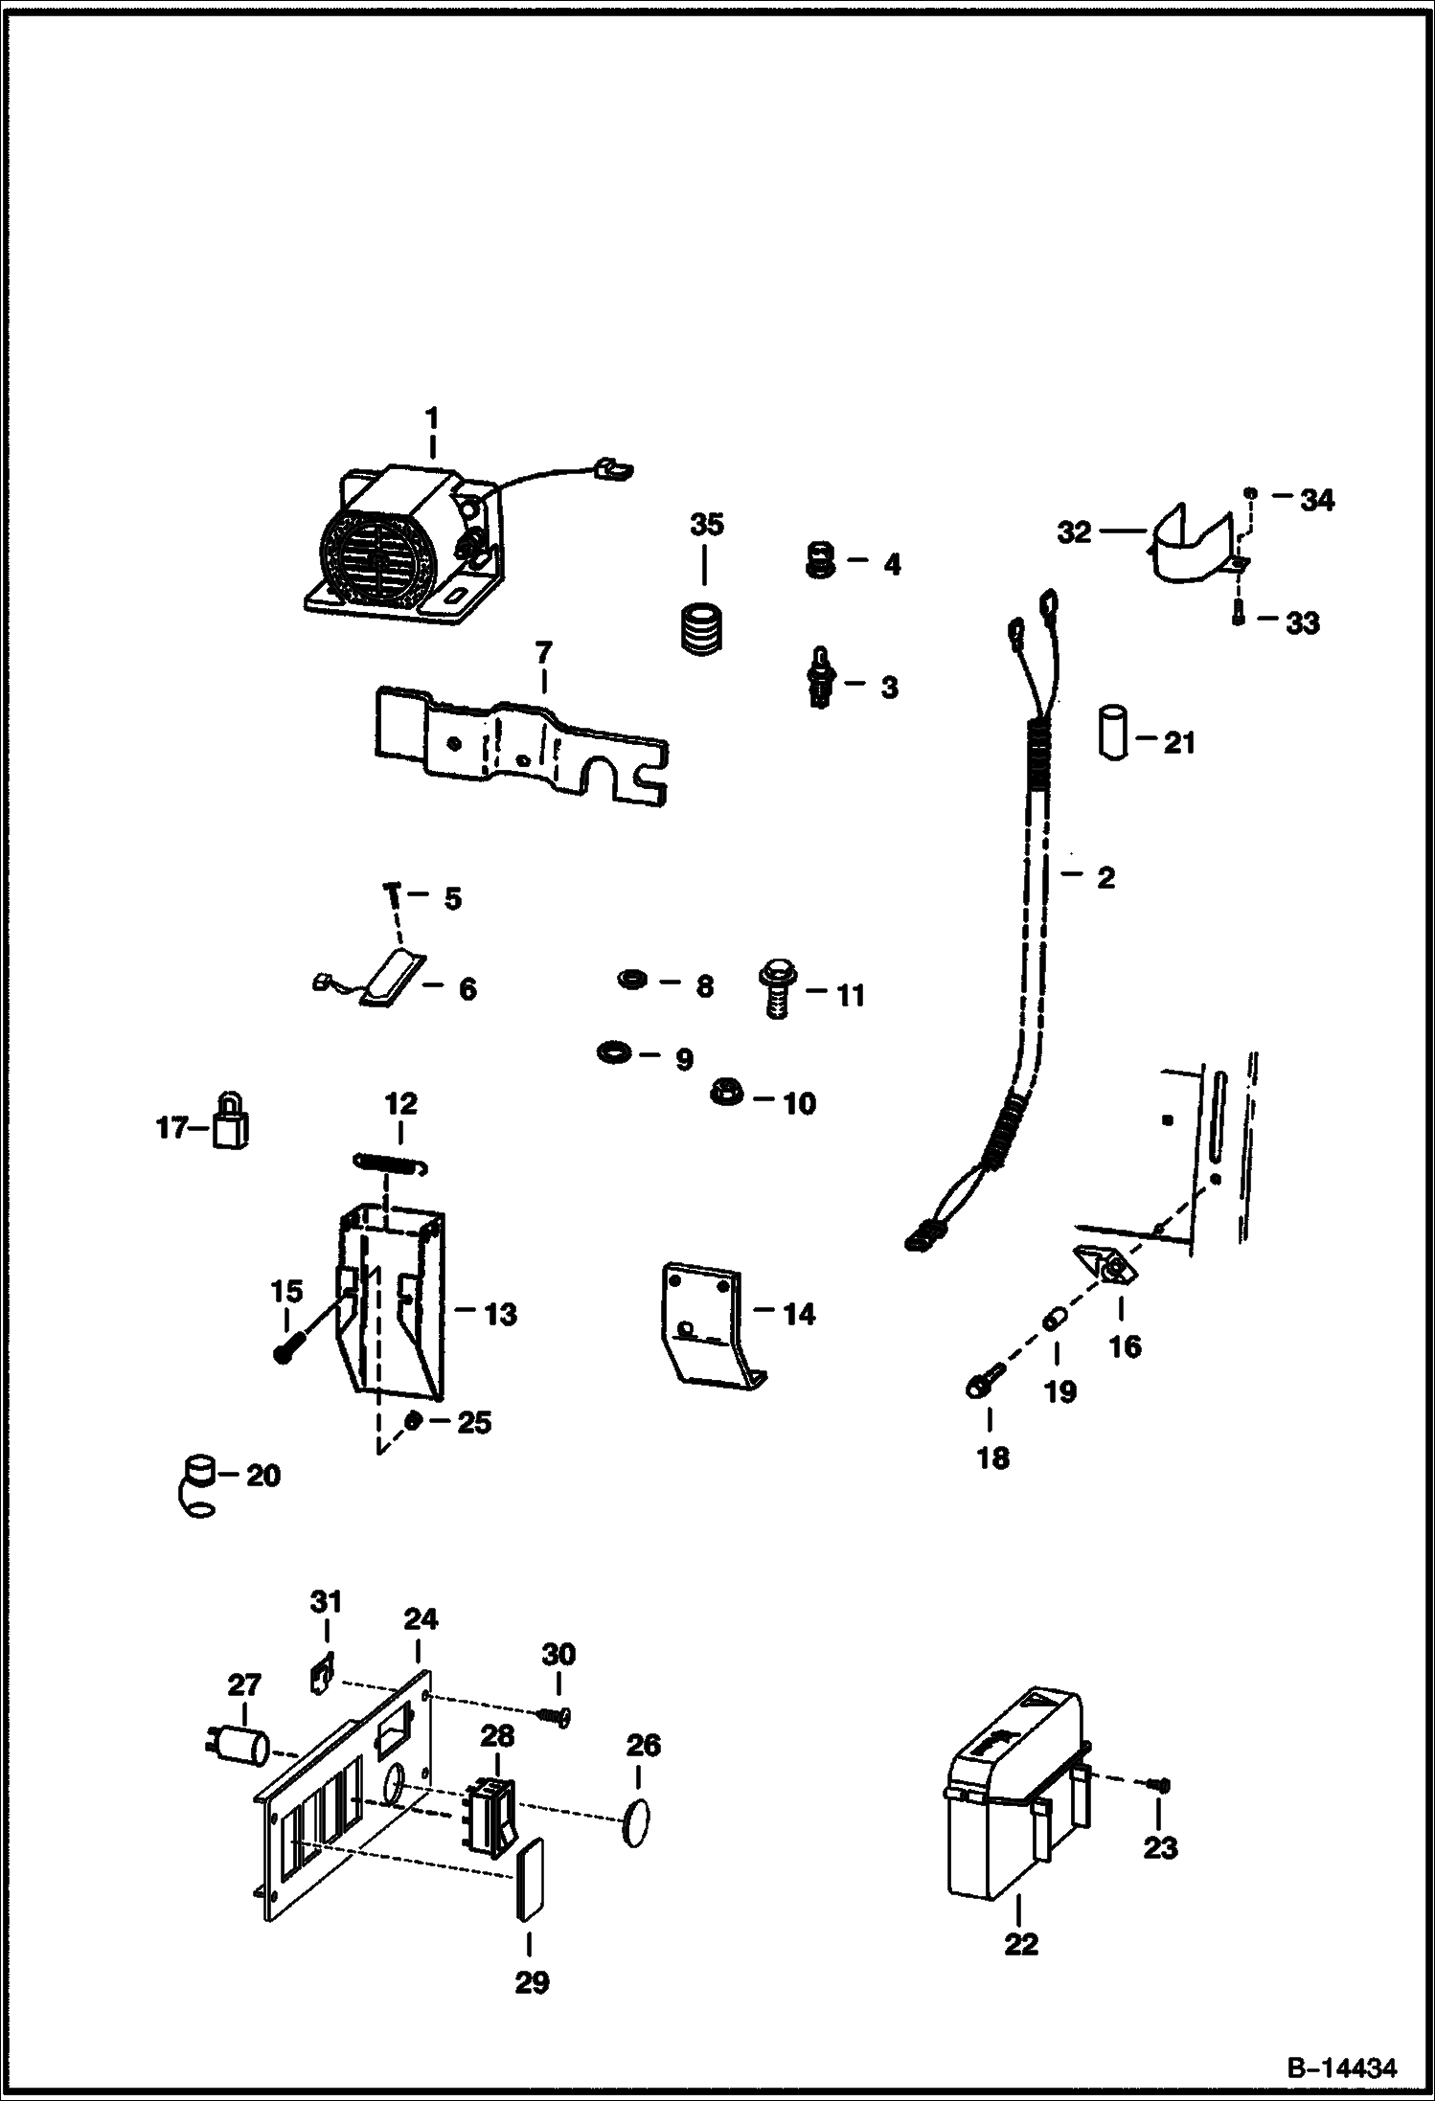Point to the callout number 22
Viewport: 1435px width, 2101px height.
pos(1021,1945)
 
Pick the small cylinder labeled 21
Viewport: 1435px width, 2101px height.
pos(1111,734)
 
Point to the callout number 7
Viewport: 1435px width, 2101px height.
pos(543,653)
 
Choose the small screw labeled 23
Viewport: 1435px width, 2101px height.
pos(1160,1784)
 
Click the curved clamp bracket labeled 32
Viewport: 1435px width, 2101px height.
pos(1189,544)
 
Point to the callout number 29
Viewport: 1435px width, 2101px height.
pos(532,1981)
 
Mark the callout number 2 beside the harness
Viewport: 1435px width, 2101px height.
pos(1105,877)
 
